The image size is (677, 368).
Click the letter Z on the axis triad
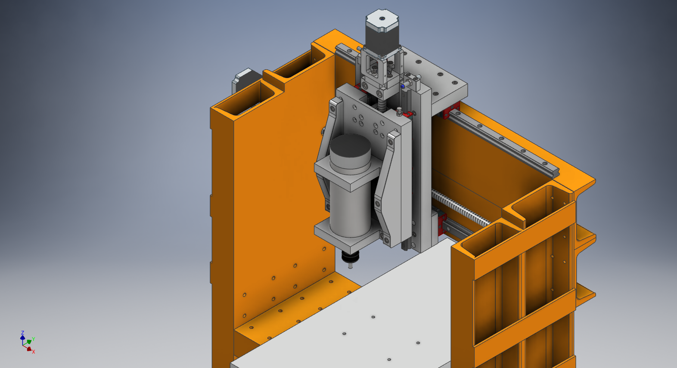(22, 333)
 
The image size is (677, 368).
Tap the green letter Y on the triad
(34, 339)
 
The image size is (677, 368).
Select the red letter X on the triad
(34, 352)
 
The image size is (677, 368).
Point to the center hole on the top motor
(382, 19)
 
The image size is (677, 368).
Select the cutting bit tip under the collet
(351, 266)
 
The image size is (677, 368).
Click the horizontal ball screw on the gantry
(461, 208)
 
